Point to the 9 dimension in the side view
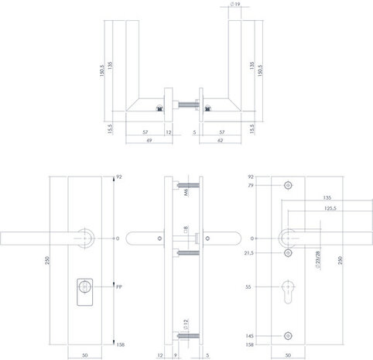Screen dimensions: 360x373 176,355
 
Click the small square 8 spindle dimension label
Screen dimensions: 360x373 185,229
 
